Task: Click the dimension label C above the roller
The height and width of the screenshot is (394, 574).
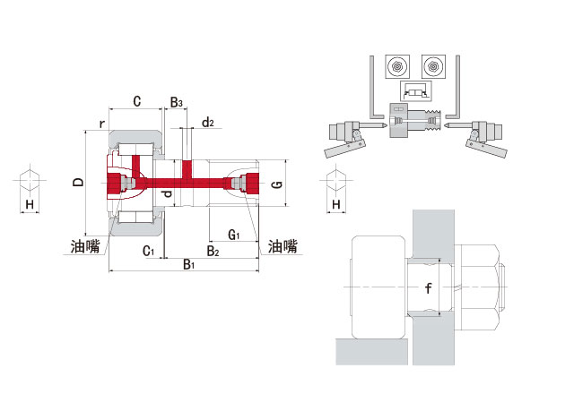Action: click(x=136, y=101)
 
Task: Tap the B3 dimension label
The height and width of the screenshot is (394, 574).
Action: click(x=177, y=103)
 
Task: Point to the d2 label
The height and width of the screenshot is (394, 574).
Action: click(x=207, y=122)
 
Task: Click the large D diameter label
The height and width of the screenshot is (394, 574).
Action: click(x=79, y=183)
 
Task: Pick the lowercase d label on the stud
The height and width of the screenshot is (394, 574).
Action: click(x=164, y=193)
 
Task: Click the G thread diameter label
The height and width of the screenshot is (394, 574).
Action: click(x=277, y=185)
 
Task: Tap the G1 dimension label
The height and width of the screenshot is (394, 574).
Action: click(x=233, y=235)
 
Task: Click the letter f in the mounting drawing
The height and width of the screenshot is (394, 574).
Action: click(x=428, y=288)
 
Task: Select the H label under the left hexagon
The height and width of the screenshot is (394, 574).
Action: click(x=30, y=205)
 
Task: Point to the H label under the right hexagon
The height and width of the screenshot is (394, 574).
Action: click(x=336, y=205)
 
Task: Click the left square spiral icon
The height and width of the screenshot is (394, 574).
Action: click(x=396, y=67)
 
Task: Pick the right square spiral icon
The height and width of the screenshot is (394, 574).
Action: click(x=434, y=67)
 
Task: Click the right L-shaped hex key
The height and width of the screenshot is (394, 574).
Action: click(x=457, y=90)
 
